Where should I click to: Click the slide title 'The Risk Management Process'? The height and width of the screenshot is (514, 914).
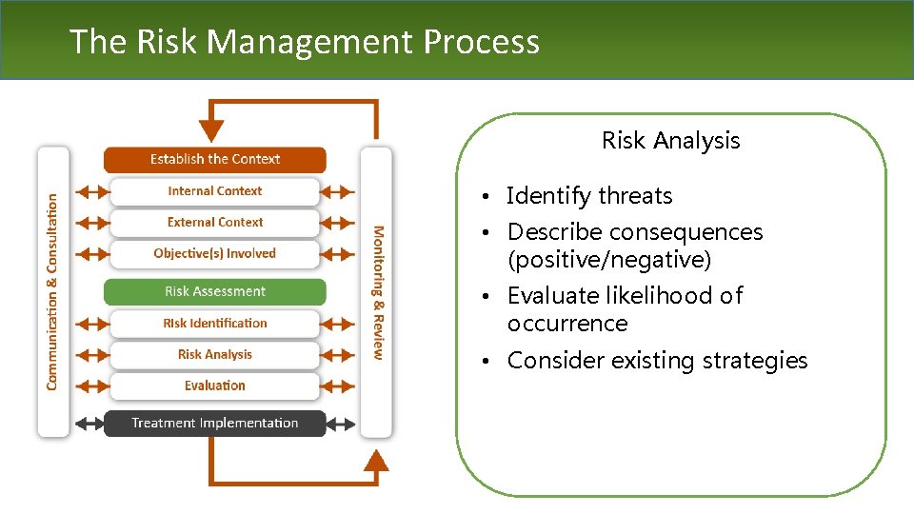[x=305, y=42]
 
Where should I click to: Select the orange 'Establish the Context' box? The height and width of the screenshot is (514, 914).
[x=215, y=159]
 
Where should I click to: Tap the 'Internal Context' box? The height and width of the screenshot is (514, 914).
[x=215, y=191]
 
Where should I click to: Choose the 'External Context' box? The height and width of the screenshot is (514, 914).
[x=215, y=223]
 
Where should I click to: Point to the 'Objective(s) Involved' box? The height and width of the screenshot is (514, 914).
[x=215, y=254]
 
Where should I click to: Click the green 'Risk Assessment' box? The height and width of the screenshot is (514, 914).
[x=215, y=291]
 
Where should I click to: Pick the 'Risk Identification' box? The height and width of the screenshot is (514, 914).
[x=215, y=324]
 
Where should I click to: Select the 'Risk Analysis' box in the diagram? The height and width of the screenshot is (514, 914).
[x=215, y=355]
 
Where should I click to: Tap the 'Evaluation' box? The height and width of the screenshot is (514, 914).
[x=215, y=385]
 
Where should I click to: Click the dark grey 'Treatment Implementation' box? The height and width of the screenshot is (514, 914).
[x=215, y=423]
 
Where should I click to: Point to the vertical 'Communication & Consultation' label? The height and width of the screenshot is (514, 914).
[x=52, y=291]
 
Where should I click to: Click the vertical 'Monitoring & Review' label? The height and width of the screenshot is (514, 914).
[x=378, y=292]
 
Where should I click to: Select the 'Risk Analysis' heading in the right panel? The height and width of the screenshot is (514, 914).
[x=670, y=141]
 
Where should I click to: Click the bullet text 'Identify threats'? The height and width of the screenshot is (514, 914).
[x=589, y=196]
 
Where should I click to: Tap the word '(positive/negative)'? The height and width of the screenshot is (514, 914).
[x=609, y=259]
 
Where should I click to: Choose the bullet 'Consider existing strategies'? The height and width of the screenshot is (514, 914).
[x=657, y=361]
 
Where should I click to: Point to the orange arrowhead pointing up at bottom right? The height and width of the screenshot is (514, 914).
[x=377, y=461]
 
